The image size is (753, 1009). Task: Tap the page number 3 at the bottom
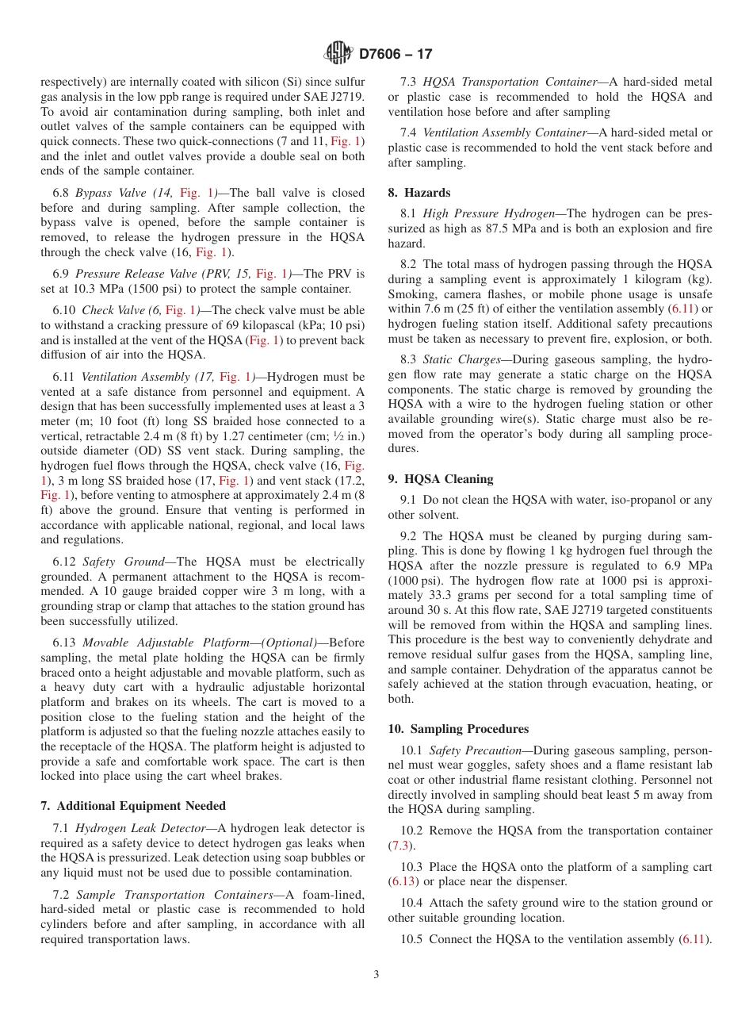tap(376, 975)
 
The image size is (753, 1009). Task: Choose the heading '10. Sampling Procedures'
tap(458, 729)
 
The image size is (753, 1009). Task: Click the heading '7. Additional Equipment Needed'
tap(132, 806)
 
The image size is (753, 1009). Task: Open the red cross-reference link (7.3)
tap(400, 846)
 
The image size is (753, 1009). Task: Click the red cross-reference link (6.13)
tap(403, 881)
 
